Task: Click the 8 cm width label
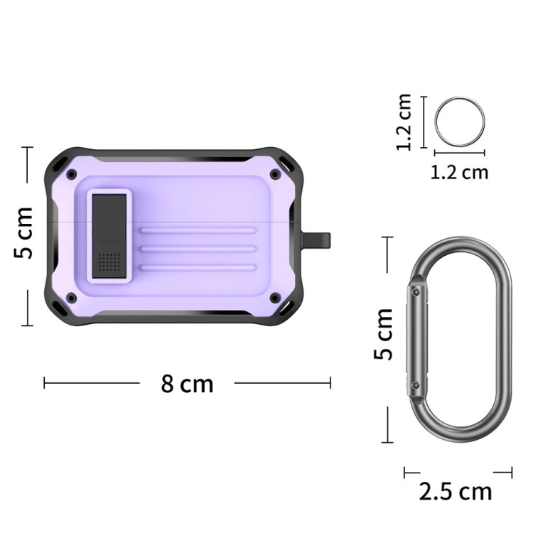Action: click(x=187, y=384)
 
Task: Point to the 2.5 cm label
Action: click(x=456, y=491)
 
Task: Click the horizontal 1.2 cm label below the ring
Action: click(x=459, y=171)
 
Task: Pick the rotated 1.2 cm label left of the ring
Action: click(x=404, y=122)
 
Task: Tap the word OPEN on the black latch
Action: click(x=109, y=242)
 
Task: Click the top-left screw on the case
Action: click(x=71, y=174)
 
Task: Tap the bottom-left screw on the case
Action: click(x=71, y=297)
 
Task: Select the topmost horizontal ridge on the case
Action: click(x=198, y=230)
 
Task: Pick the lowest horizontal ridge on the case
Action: click(x=198, y=267)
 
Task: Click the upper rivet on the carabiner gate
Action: click(x=415, y=291)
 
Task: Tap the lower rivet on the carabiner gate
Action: click(x=415, y=384)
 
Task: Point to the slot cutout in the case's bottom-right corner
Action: click(x=286, y=310)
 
